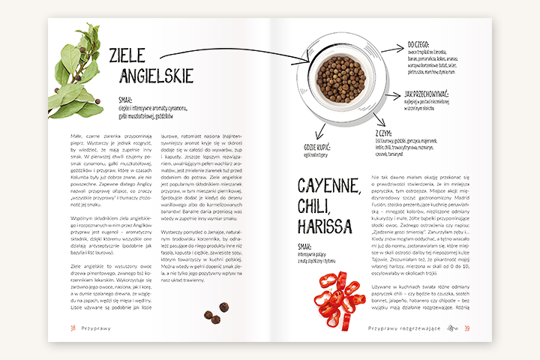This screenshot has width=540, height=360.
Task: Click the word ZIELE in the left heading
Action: (x=130, y=57)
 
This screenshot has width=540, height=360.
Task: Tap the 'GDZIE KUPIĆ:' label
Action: (x=319, y=148)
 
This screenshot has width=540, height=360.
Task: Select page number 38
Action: (x=73, y=328)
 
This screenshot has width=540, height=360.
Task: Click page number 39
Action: (x=467, y=328)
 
